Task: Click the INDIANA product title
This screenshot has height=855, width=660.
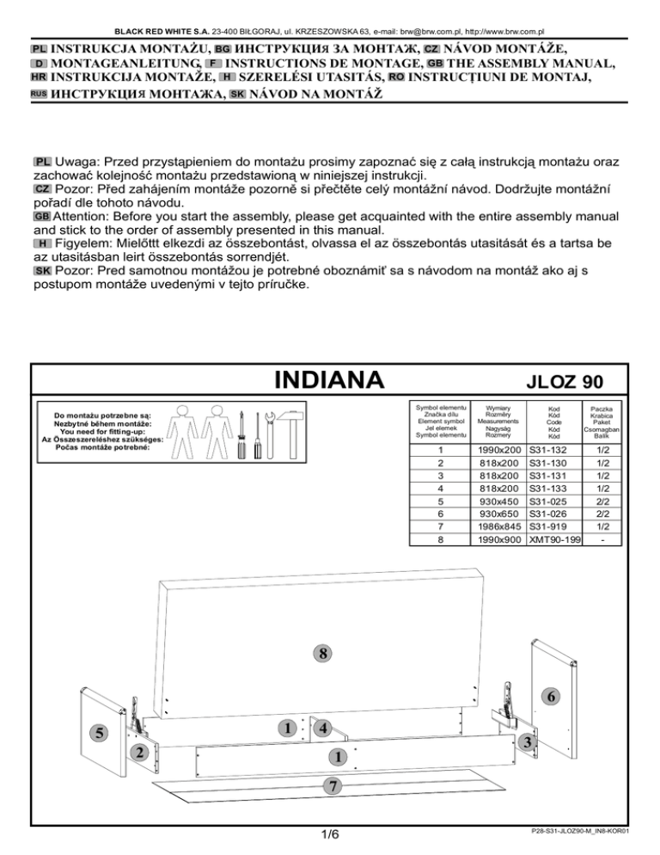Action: [x=327, y=379]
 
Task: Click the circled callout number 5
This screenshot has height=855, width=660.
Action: [x=100, y=733]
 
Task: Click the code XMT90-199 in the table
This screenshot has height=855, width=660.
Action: [x=553, y=539]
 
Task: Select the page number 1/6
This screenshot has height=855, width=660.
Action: [x=329, y=834]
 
